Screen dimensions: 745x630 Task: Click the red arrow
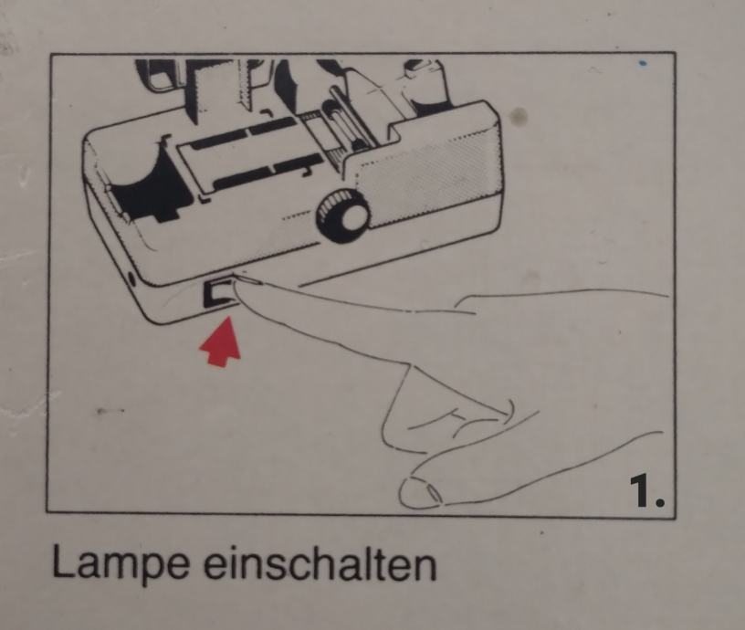[x=222, y=343]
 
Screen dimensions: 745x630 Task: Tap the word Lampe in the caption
[x=121, y=564]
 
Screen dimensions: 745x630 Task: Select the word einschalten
[x=320, y=562]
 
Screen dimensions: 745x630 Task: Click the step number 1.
[x=646, y=491]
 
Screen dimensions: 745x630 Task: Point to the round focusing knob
[x=343, y=215]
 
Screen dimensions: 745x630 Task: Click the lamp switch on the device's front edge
[x=218, y=292]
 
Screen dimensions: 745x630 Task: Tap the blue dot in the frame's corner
[x=643, y=62]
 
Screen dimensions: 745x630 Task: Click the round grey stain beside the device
[x=519, y=116]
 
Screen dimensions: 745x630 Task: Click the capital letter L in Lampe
[x=66, y=562]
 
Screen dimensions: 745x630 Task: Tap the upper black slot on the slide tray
[x=242, y=134]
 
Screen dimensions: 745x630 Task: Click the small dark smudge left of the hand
[x=110, y=411]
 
